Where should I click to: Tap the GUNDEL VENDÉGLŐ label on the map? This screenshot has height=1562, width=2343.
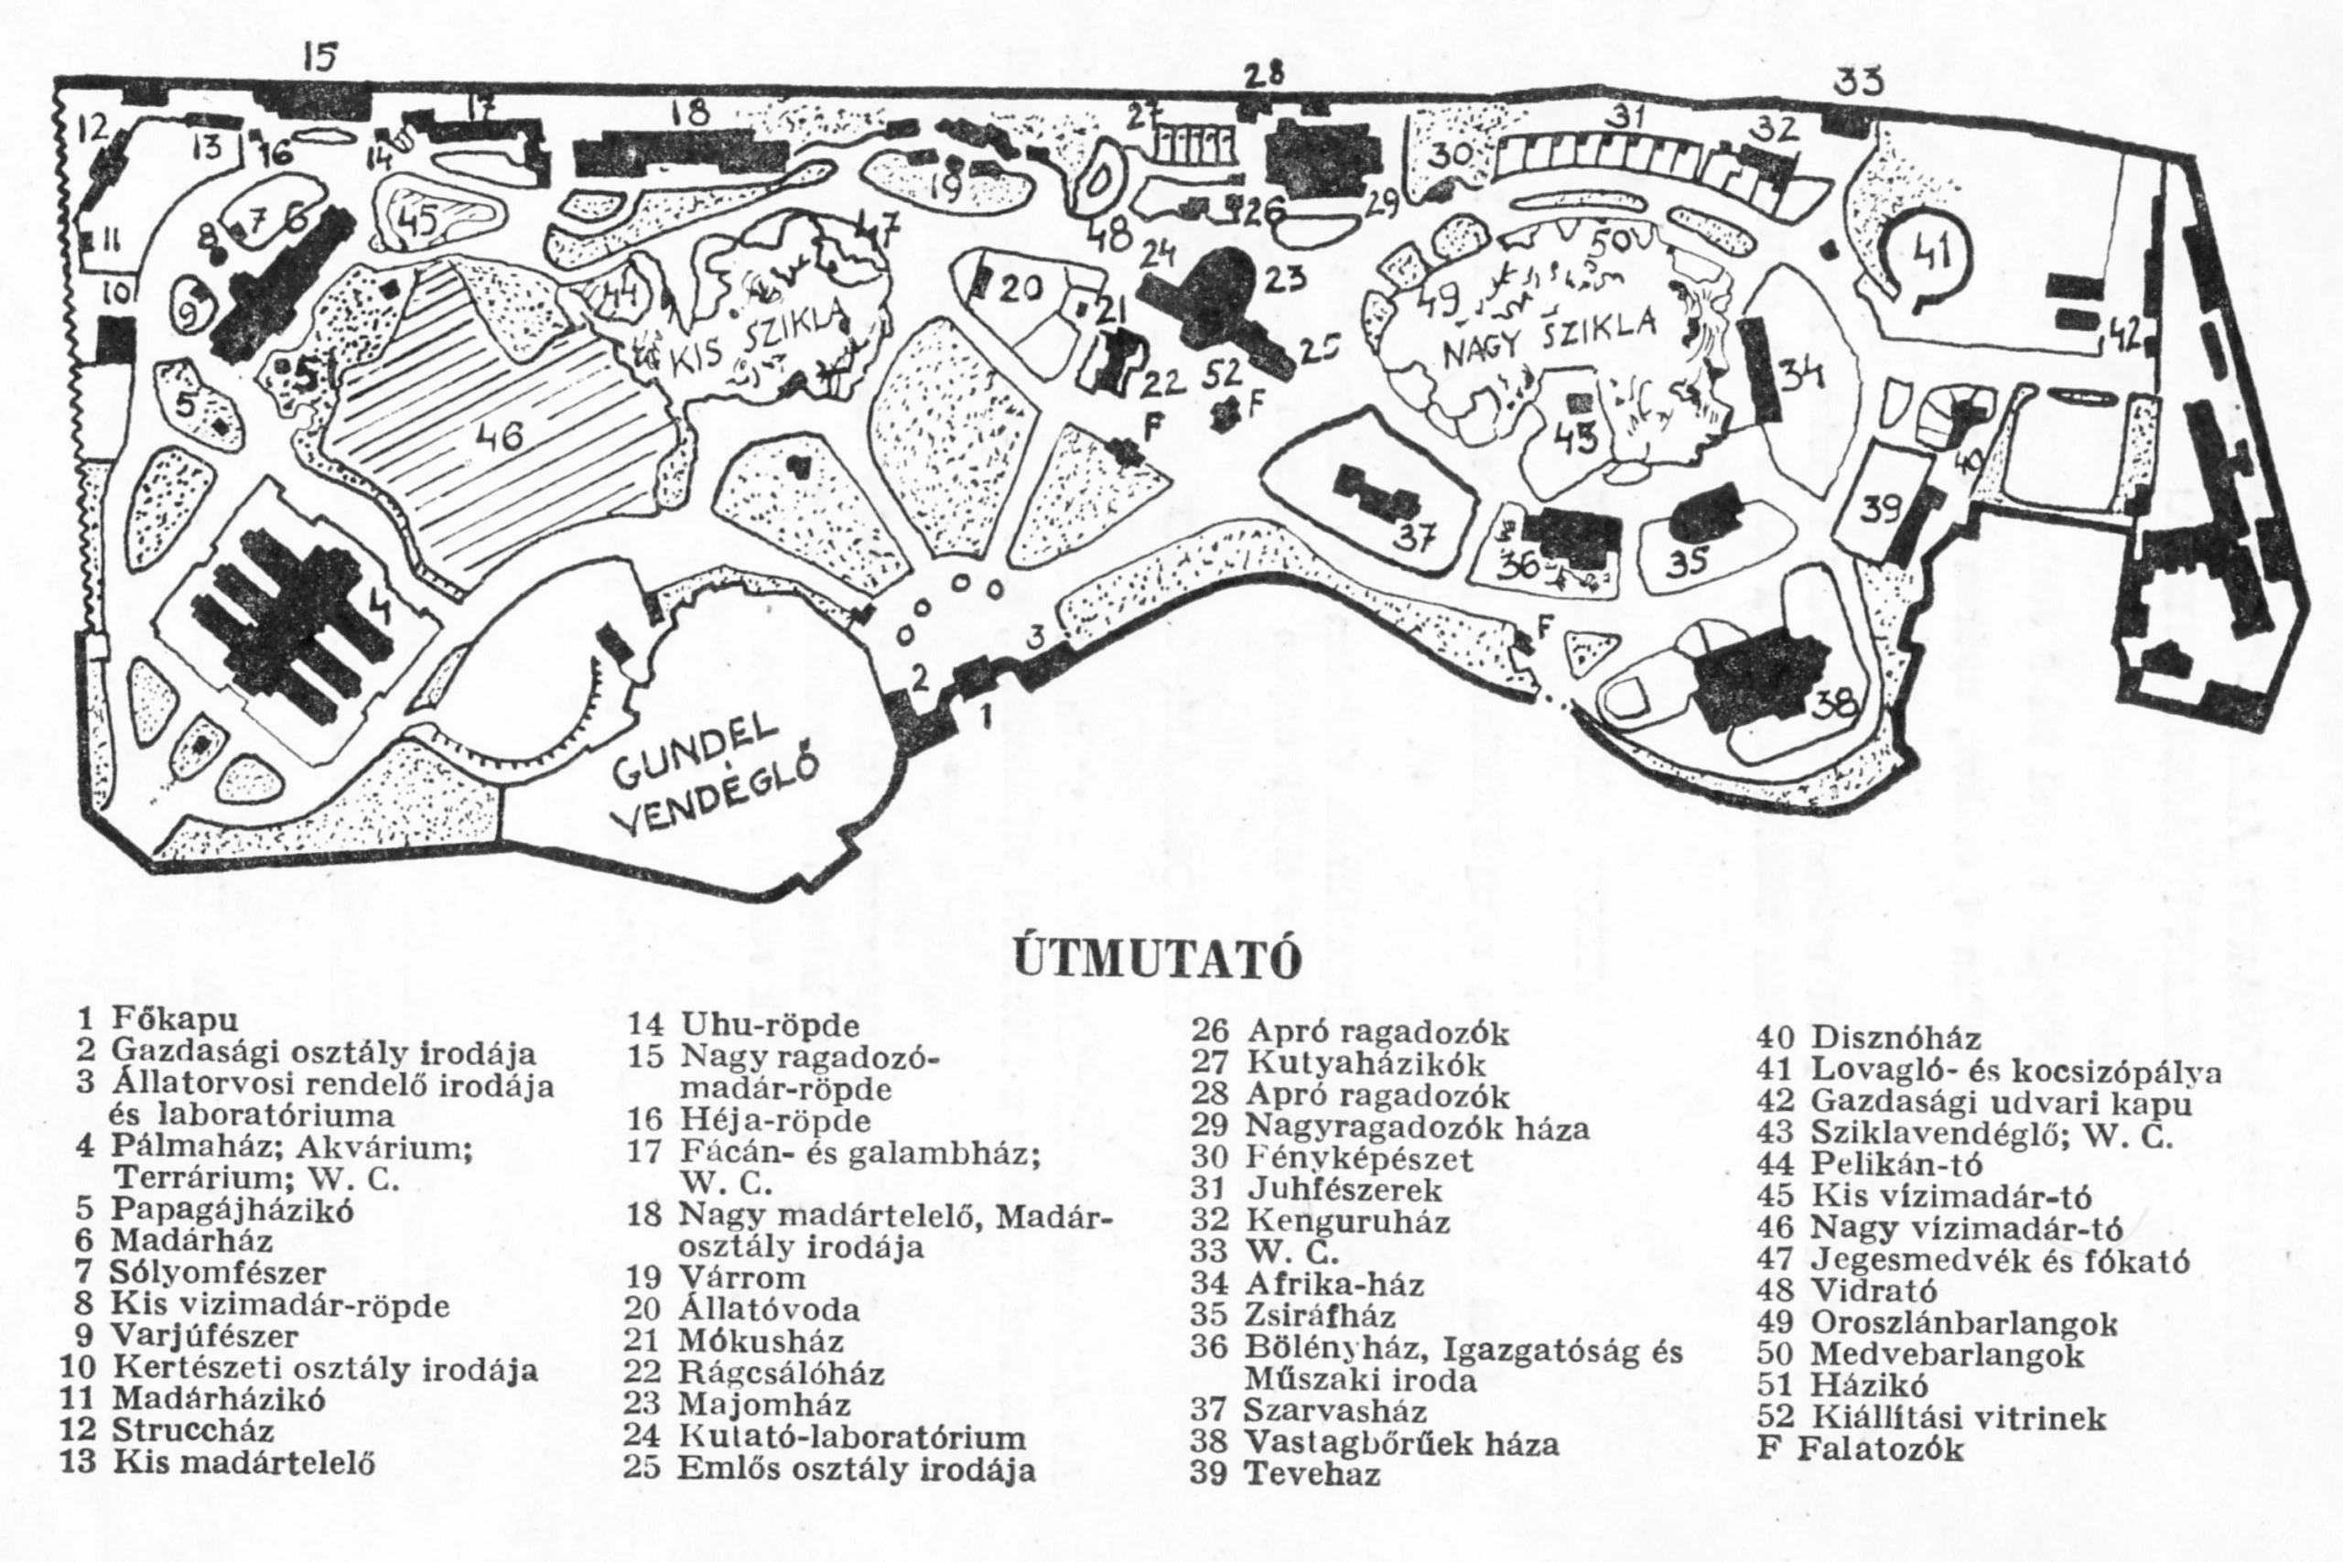pos(714,777)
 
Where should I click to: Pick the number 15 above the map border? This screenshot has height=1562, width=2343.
pos(319,58)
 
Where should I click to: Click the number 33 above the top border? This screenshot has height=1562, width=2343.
pos(1859,83)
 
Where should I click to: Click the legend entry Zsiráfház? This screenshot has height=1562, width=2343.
pos(1303,1316)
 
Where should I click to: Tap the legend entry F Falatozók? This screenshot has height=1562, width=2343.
pos(1859,1448)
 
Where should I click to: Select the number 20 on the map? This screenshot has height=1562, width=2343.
pos(1021,289)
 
